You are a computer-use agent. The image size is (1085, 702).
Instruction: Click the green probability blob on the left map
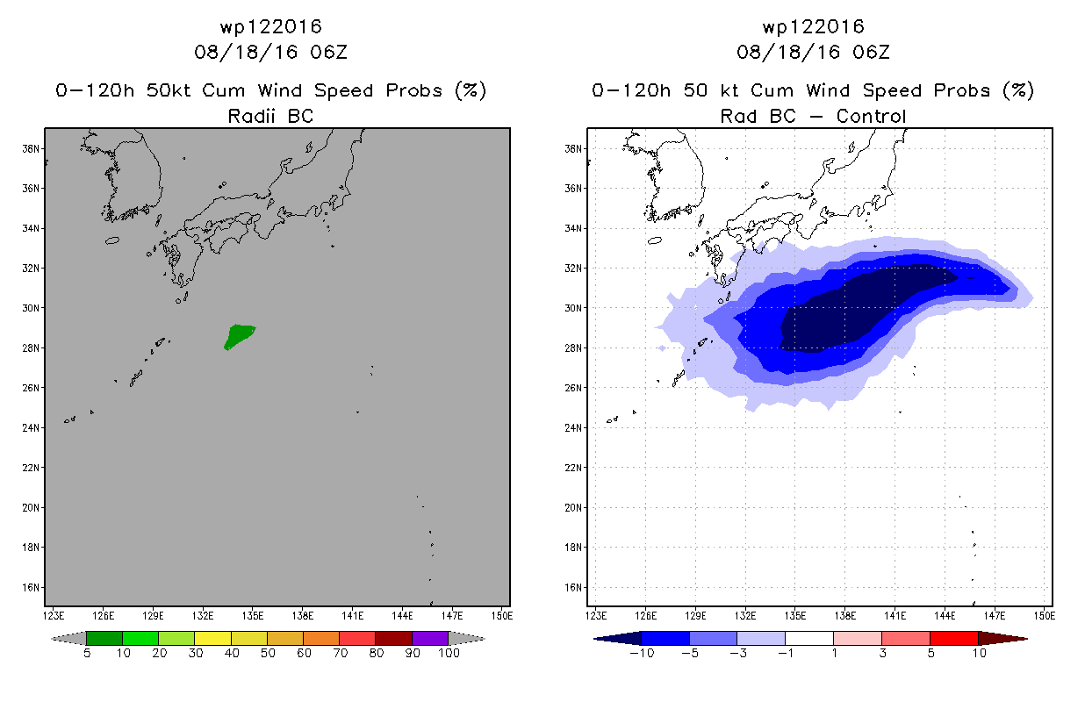point(239,336)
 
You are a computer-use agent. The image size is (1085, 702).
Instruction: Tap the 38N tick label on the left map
point(30,148)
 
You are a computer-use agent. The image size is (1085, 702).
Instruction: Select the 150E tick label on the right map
point(1045,616)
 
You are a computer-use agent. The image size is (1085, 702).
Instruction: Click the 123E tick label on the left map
point(54,616)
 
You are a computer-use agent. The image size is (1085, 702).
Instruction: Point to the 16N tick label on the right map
point(572,587)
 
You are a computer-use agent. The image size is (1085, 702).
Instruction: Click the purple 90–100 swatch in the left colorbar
point(430,638)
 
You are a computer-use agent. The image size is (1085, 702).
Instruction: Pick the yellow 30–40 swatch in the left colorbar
point(213,638)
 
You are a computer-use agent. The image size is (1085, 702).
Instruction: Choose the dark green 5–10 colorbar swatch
point(104,638)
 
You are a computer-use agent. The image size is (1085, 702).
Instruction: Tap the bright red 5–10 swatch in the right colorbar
point(954,638)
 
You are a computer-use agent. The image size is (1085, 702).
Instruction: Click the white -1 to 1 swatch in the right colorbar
point(809,638)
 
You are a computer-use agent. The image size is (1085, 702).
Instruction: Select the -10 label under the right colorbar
point(642,653)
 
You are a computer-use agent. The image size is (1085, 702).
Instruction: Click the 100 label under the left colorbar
point(449,653)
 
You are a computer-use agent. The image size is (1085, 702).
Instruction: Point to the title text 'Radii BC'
point(270,116)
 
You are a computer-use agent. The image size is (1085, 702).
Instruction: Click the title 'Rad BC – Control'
point(813,116)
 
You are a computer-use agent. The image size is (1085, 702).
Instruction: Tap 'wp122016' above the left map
point(270,26)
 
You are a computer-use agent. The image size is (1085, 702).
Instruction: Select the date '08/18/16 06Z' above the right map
point(813,52)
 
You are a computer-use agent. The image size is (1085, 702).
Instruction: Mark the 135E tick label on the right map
point(794,616)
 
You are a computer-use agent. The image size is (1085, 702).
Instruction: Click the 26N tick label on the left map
point(30,388)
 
